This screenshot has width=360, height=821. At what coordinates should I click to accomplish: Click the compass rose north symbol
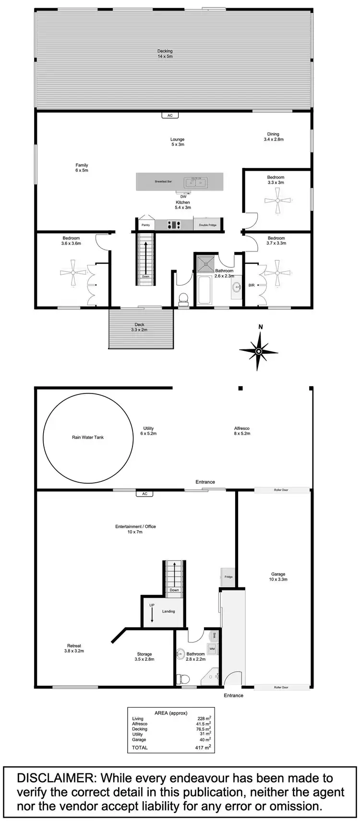pos(259,351)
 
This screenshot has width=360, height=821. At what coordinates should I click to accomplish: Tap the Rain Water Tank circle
pos(88,438)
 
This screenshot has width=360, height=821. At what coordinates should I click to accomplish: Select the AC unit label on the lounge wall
pos(169,116)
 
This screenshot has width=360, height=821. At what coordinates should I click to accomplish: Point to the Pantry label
pos(145,225)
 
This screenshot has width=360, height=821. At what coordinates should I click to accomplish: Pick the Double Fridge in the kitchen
pos(208,225)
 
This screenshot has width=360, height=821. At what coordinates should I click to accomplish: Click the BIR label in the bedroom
pos(252,286)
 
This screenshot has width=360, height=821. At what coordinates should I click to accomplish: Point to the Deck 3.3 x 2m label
pos(139,327)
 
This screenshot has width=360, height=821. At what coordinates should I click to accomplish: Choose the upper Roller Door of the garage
pos(282,490)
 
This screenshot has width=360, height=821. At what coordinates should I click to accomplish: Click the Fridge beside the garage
pos(228,577)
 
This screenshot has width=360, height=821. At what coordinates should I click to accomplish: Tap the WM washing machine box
pos(212,649)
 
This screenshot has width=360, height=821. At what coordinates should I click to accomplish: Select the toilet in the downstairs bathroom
pos(183,678)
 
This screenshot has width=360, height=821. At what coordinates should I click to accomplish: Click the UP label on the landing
pos(152,605)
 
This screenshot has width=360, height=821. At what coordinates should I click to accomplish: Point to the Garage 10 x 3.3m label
pos(278,577)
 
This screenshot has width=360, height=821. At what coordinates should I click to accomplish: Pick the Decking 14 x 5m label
pos(165,54)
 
